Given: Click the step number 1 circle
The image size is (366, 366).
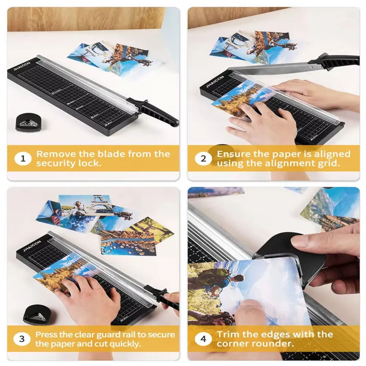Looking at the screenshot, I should click(x=23, y=159).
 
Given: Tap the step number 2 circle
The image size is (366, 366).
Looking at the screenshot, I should click(x=203, y=159).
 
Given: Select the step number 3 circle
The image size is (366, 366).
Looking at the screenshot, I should click(x=22, y=339).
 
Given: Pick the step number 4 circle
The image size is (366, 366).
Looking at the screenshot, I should click(x=203, y=339).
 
